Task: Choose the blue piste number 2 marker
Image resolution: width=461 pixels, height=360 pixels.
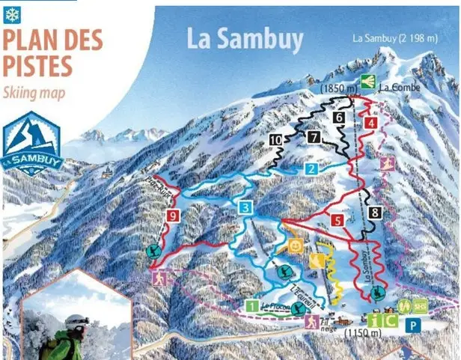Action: [311, 169]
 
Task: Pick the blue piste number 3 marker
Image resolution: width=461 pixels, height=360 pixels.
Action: [245, 207]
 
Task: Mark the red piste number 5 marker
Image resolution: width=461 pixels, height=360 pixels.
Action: [338, 220]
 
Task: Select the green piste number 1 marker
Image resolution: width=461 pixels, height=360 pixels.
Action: [253, 305]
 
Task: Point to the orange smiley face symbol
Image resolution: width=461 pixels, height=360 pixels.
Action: [296, 245]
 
